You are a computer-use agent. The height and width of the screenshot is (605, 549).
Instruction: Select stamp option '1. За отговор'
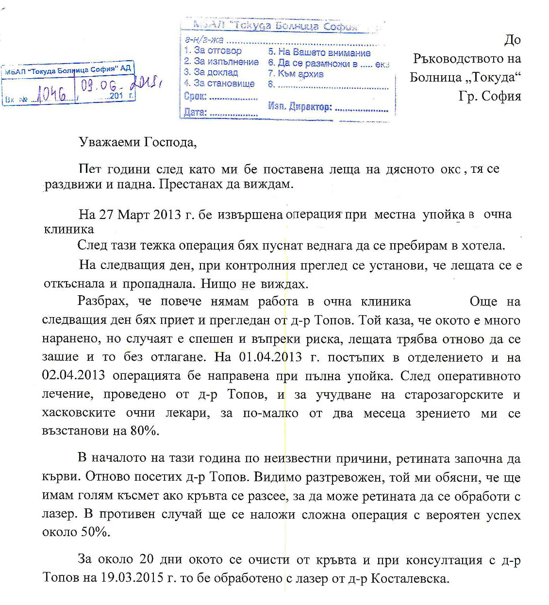point(213,50)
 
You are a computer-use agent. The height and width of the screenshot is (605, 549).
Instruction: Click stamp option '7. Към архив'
point(296,74)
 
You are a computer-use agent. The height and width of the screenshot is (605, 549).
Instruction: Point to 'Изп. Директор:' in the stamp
point(299,107)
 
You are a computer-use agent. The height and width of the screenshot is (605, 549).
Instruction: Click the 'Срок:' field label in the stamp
point(196,96)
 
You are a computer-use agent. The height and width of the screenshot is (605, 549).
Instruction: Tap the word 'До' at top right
point(512,40)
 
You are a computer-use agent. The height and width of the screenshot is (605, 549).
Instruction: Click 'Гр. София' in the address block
point(489,96)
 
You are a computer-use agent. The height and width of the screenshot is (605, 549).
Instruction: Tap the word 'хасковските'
point(79,413)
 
